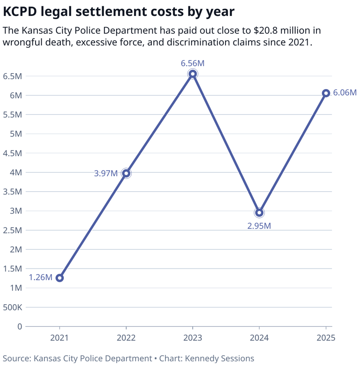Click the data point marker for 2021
[x=60, y=278]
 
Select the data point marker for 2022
[x=126, y=173]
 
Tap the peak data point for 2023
[x=193, y=74]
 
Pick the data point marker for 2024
[x=259, y=213]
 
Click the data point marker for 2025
[x=326, y=93]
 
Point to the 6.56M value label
[x=193, y=63]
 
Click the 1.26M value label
[x=40, y=277]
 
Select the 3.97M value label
[x=105, y=173]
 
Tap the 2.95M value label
[x=259, y=225]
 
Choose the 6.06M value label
[x=345, y=93]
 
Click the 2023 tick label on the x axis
[x=193, y=338]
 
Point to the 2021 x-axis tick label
[x=60, y=338]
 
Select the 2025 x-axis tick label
[x=326, y=338]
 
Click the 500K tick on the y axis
[x=12, y=307]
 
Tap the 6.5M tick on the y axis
[x=12, y=76]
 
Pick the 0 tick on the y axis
[x=20, y=327]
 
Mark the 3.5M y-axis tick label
[x=12, y=192]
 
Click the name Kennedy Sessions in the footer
[x=219, y=359]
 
